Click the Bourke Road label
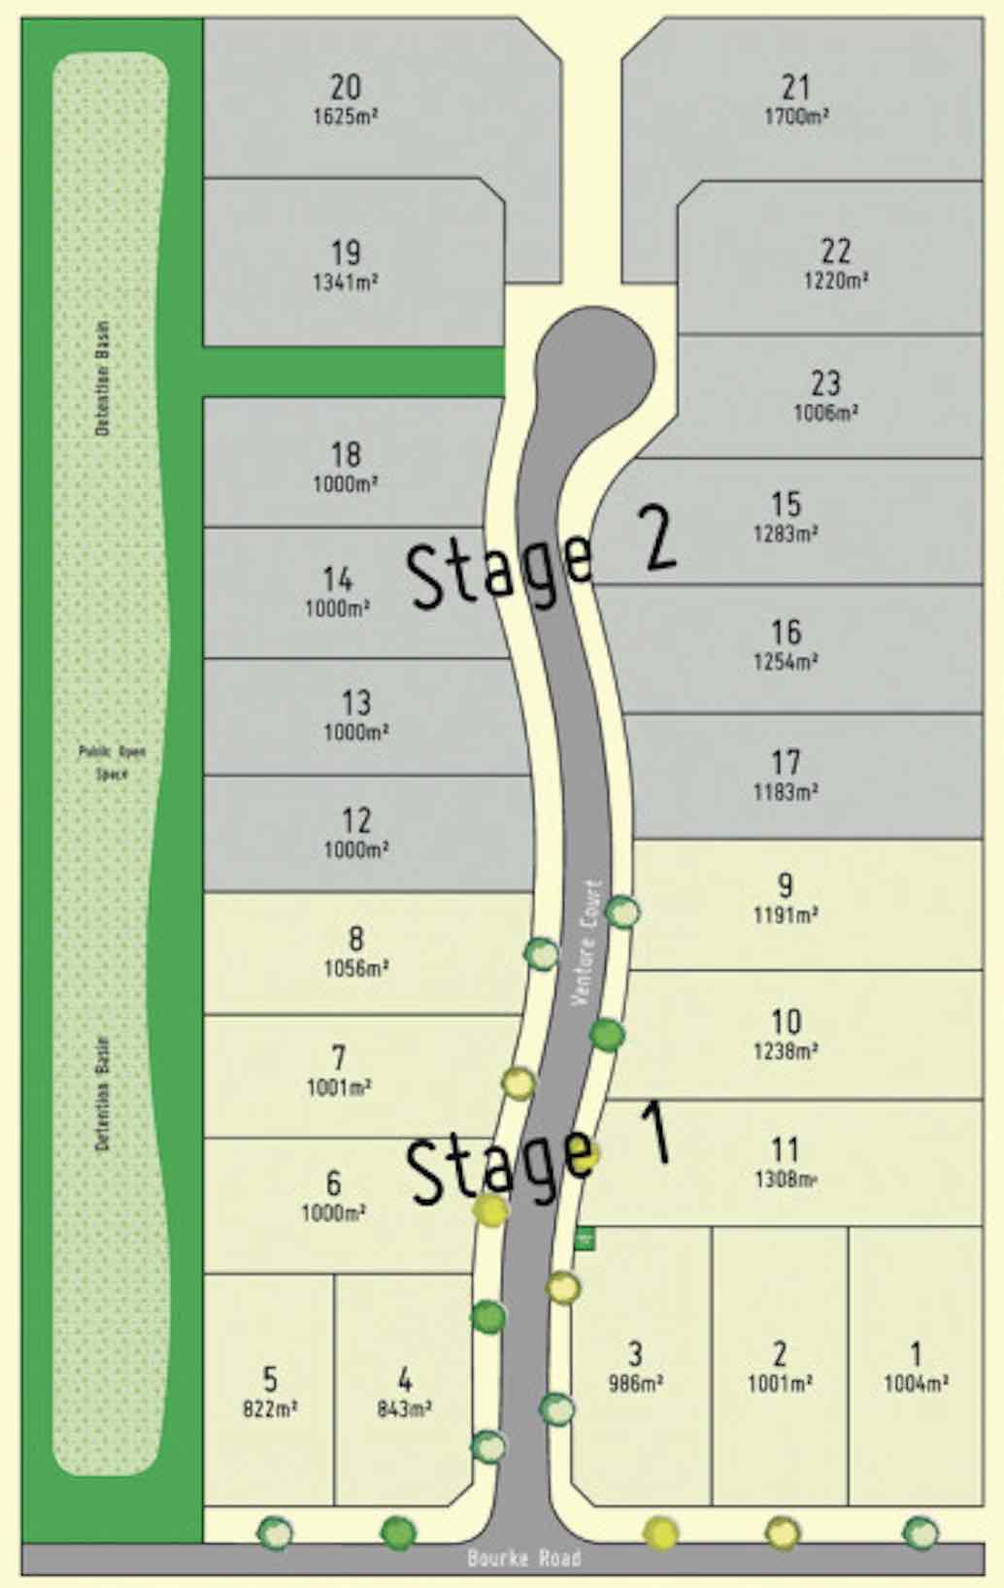coord(523,1559)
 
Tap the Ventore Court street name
coord(586,943)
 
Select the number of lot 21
coord(795,87)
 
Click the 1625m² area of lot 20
coord(346,116)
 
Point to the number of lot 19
coord(346,253)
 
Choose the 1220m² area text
coord(835,281)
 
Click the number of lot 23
coord(825,382)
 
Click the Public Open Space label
coord(112,762)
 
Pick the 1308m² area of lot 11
coord(785,1180)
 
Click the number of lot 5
coord(270,1378)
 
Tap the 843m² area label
coord(404,1408)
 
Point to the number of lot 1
coord(915,1353)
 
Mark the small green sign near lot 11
coord(585,1239)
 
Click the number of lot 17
coord(786,762)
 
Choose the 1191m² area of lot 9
coord(786,914)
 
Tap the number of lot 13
coord(356,702)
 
